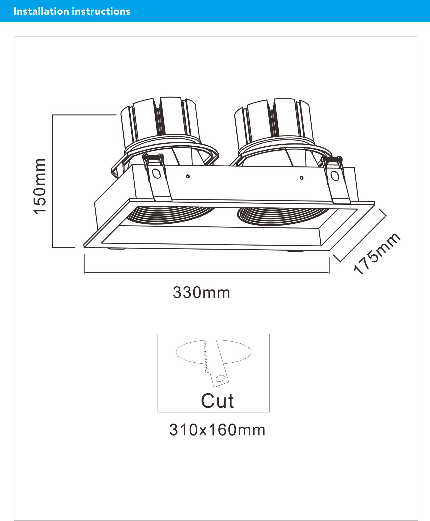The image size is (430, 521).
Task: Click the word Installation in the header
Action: point(41,11)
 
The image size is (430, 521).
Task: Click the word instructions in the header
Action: point(101,11)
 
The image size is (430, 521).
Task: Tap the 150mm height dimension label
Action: point(40,186)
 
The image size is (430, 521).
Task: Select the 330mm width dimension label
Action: point(201,293)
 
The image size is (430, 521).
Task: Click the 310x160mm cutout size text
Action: point(217,430)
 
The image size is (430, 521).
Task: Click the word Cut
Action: point(217,401)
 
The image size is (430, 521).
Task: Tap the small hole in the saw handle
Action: point(220,378)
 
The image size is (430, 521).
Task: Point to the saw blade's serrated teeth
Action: point(206,356)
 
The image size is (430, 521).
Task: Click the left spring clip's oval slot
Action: point(156,174)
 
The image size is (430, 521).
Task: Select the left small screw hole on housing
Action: point(188,176)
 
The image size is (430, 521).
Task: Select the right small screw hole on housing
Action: point(302,178)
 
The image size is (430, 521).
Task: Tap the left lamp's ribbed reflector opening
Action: point(171,215)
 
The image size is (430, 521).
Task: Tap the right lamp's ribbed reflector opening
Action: point(283,216)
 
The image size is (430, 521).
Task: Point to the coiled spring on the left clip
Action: point(153,157)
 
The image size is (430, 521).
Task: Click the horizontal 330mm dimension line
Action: point(207,273)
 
